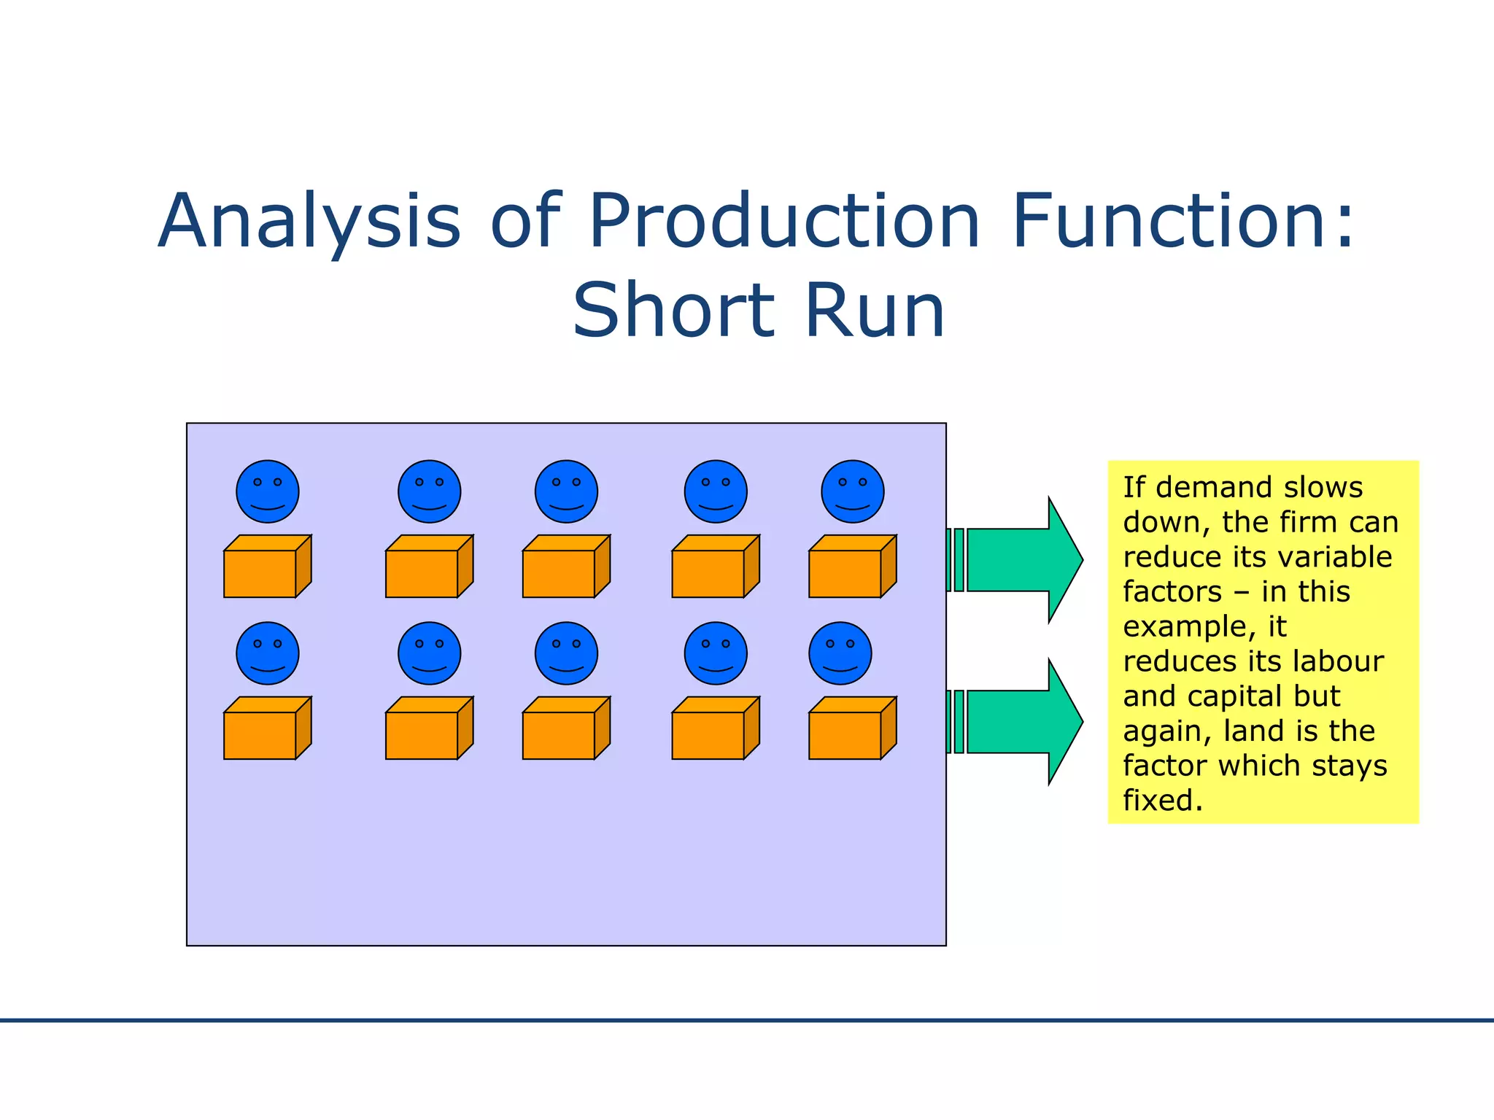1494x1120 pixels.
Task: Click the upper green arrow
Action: pos(1021,560)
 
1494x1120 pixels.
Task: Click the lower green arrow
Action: pos(1021,722)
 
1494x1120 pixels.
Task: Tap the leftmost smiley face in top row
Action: pos(268,491)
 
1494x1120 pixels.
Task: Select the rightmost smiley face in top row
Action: pos(852,491)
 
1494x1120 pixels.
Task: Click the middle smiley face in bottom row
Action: pos(566,653)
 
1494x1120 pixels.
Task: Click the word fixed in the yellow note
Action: pos(1162,801)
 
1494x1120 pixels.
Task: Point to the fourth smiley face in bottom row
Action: pos(715,653)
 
